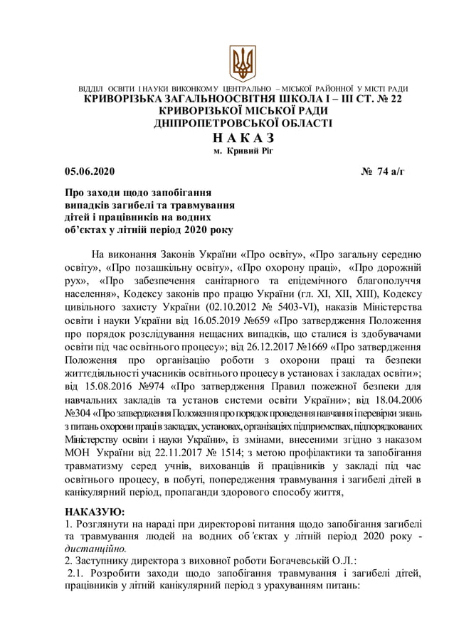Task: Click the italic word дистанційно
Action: pyautogui.click(x=95, y=549)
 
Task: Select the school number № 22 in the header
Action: pyautogui.click(x=388, y=99)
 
